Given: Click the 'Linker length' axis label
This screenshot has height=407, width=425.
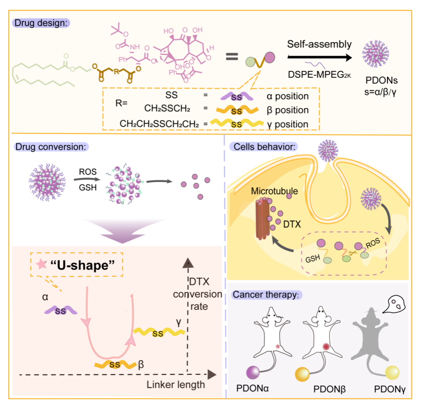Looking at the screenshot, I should tap(176, 384).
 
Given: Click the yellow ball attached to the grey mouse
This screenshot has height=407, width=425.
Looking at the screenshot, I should tap(392, 373).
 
